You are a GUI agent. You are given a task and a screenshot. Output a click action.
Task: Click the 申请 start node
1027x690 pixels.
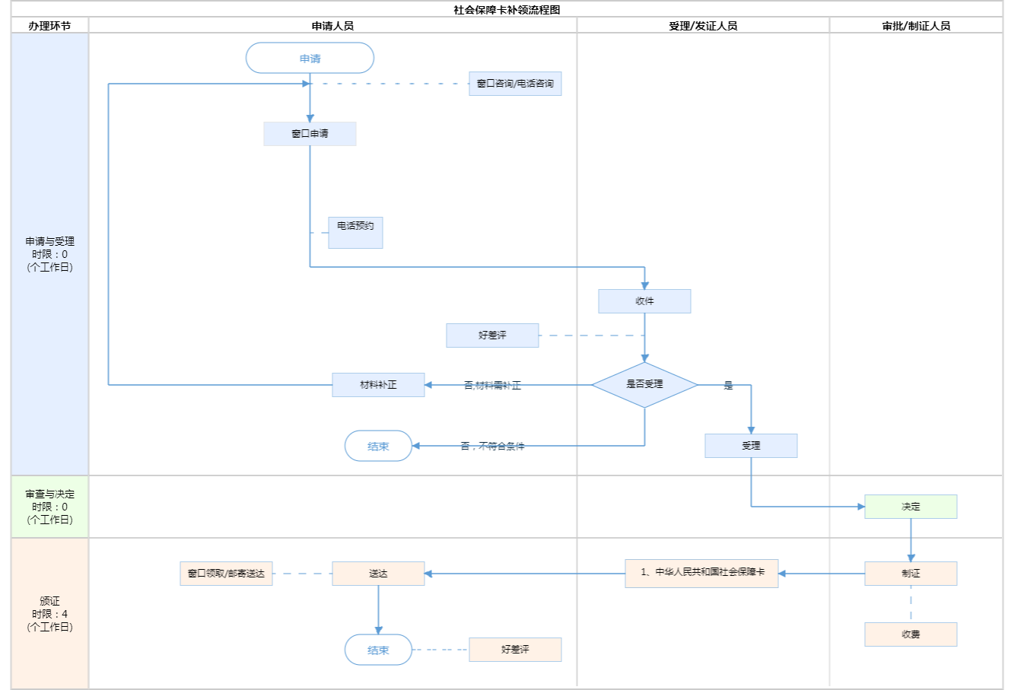tap(310, 59)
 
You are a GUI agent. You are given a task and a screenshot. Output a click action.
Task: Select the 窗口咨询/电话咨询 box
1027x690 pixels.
tap(515, 84)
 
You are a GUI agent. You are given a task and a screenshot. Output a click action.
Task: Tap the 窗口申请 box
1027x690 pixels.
tap(310, 134)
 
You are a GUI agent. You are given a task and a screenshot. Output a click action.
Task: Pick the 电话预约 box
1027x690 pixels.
tap(355, 233)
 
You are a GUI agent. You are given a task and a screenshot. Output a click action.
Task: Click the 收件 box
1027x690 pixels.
tap(644, 301)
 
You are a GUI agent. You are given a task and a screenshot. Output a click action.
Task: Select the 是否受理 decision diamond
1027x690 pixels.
tap(644, 385)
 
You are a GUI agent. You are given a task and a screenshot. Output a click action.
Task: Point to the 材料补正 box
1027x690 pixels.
tap(378, 385)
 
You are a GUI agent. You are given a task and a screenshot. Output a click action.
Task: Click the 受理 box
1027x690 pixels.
tap(751, 446)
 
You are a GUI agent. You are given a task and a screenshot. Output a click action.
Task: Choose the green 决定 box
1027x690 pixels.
tap(911, 507)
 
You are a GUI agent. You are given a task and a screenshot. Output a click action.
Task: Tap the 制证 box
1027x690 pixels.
tap(911, 574)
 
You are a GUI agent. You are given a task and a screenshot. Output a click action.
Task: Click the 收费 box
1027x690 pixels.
tap(911, 634)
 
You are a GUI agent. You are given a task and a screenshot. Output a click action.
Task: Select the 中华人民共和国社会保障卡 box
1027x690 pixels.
tap(701, 574)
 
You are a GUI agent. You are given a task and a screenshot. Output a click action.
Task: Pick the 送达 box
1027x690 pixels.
tap(378, 574)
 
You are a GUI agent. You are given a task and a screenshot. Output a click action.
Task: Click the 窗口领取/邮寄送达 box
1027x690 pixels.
tap(226, 574)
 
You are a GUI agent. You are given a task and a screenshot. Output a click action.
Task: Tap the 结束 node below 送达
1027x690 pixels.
tap(378, 650)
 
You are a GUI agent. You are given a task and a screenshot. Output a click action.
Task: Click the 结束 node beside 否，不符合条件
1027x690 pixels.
tap(378, 447)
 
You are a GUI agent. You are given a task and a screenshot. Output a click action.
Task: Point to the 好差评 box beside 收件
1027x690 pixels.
tap(492, 335)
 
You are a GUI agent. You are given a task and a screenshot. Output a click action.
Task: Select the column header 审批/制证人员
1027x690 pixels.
tap(916, 26)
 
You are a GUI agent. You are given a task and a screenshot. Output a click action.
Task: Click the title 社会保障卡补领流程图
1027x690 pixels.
tap(507, 10)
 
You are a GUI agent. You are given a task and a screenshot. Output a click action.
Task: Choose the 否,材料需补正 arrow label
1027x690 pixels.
tap(492, 386)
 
